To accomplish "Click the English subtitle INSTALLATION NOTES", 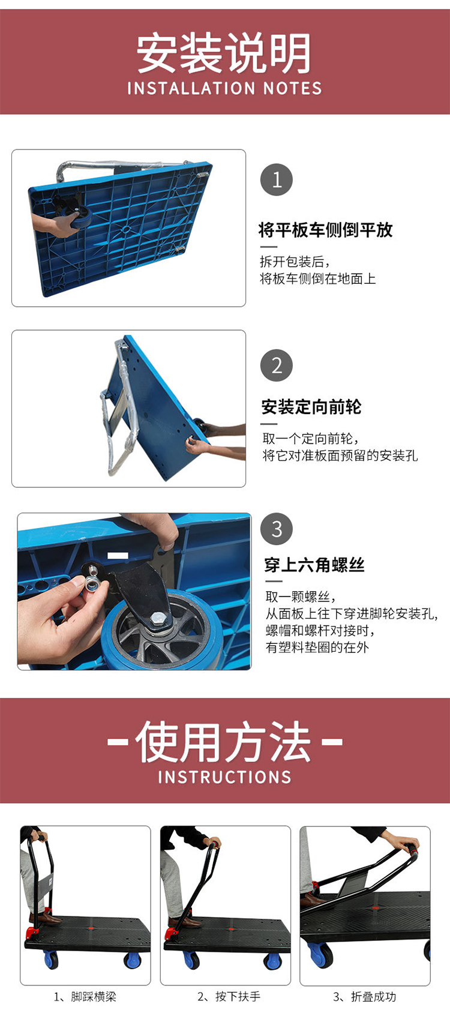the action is coord(224,88).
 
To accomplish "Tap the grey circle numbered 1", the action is coord(277,179).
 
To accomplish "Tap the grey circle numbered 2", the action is coord(277,365).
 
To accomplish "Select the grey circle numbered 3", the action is coord(277,529).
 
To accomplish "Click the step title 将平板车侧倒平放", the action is coord(326,230).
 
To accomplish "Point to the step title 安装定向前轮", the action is coord(311,407).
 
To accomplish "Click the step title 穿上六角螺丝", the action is coord(314,565).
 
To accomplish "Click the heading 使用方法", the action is coord(224,742).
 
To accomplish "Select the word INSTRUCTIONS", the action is coord(224,777).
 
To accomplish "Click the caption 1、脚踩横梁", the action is coord(85,996).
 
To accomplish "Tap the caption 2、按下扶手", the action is coord(229,996).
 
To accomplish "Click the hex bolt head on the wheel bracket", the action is coord(158,617).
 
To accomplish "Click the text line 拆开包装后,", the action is coord(295,262).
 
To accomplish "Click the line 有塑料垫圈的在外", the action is coord(317,648).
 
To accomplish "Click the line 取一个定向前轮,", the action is coord(311,438).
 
